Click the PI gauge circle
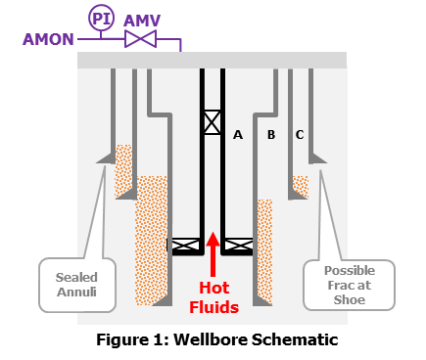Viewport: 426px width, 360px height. point(101,18)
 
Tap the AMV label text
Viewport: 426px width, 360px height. point(142,20)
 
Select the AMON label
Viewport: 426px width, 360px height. point(47,39)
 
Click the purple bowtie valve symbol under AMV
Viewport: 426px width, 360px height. point(142,39)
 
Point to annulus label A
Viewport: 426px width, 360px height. point(237,135)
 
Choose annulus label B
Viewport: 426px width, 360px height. point(271,135)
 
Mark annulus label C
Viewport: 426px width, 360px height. point(299,135)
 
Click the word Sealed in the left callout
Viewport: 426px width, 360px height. point(76,277)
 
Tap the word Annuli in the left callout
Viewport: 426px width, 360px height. point(76,292)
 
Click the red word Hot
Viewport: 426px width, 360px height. point(213,289)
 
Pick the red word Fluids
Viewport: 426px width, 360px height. point(213,307)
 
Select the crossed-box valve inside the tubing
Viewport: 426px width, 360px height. point(213,122)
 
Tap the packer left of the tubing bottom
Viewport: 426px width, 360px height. point(185,245)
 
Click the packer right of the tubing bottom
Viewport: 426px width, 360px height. point(239,245)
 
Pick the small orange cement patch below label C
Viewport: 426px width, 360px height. point(300,185)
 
